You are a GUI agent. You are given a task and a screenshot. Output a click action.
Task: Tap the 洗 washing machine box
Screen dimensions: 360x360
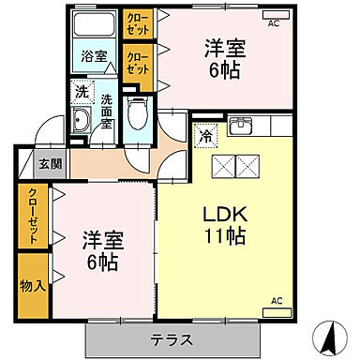tap(82, 92)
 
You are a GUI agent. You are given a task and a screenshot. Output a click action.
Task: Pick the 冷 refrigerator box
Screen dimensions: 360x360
tap(205, 137)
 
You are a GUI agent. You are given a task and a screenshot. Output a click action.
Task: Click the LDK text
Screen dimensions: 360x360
tap(225, 216)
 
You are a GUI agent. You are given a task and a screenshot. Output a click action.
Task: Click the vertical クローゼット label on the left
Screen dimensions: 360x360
tap(33, 216)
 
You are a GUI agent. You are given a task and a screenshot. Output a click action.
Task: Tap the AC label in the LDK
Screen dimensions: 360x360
tap(277, 300)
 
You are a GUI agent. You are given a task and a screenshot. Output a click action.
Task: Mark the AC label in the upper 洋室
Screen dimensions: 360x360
tap(274, 24)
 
